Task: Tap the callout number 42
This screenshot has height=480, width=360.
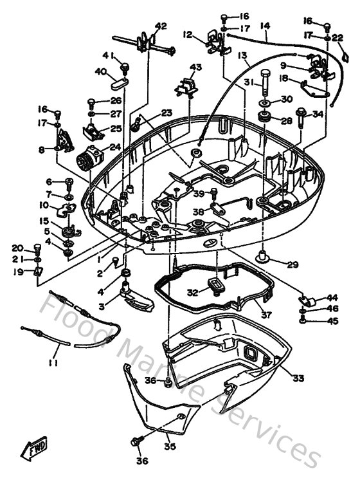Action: (160, 26)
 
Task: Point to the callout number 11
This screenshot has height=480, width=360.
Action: (53, 363)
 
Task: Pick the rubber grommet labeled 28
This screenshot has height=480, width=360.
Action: (264, 118)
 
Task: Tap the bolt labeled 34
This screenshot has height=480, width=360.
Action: (300, 115)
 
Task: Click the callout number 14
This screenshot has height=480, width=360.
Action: (264, 26)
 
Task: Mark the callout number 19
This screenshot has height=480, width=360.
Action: (18, 272)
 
